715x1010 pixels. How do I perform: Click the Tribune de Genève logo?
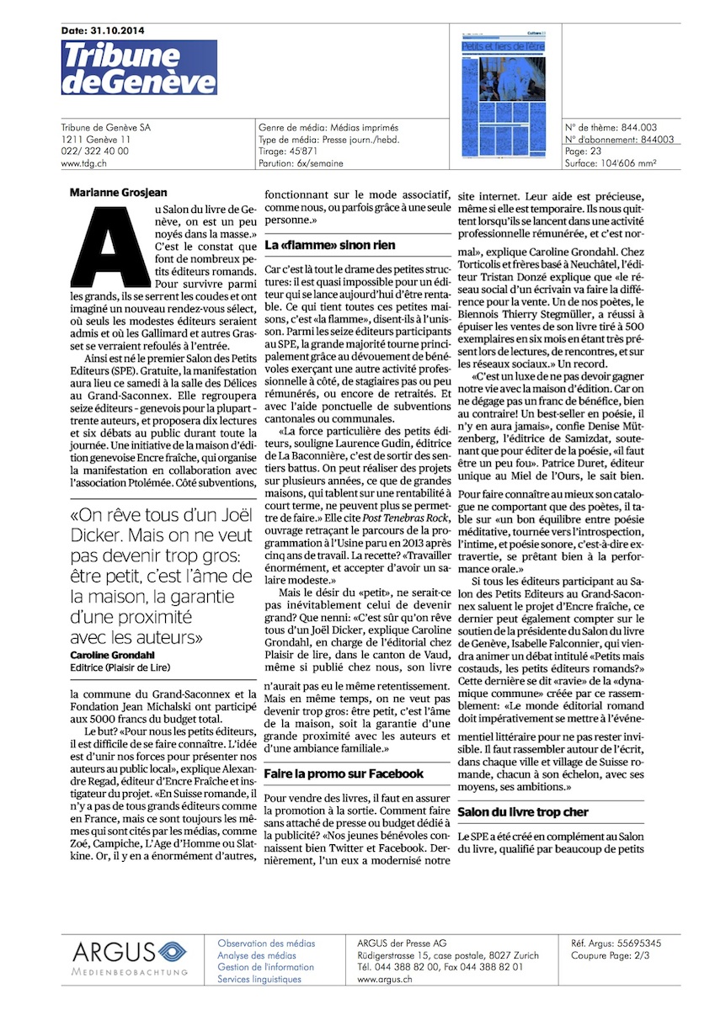[x=139, y=67]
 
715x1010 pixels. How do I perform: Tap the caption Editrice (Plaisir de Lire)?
[x=119, y=667]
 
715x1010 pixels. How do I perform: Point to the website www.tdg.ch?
[x=83, y=163]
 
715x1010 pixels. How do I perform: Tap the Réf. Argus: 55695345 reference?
[x=616, y=943]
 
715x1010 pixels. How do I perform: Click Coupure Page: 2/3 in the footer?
[x=610, y=954]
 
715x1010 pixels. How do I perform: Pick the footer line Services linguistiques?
[x=259, y=980]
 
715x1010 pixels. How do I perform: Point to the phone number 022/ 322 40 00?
[x=95, y=151]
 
